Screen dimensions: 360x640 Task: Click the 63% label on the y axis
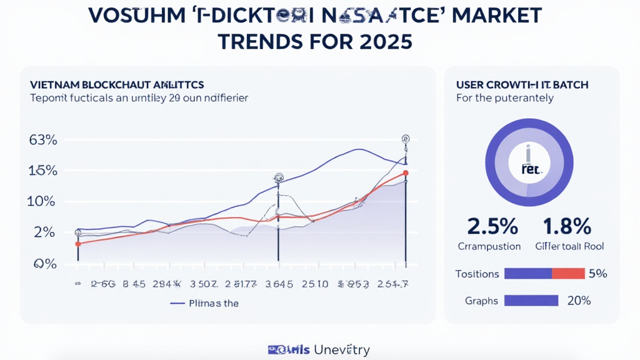43,141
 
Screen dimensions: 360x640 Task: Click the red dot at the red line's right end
406,173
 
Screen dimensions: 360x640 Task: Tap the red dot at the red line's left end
77,244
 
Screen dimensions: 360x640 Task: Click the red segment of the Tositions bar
567,274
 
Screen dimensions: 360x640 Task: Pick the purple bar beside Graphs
531,301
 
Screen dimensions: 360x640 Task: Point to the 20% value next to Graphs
579,301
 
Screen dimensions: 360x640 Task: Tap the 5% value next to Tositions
596,274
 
